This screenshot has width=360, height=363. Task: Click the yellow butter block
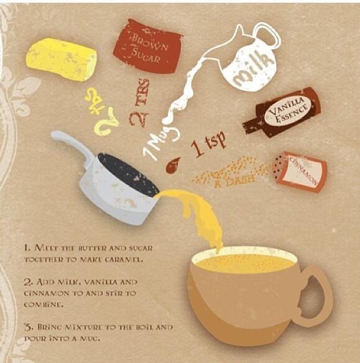click(x=61, y=58)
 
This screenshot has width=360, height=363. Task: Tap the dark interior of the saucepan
click(x=127, y=174)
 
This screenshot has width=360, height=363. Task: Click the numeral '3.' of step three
click(x=27, y=326)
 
